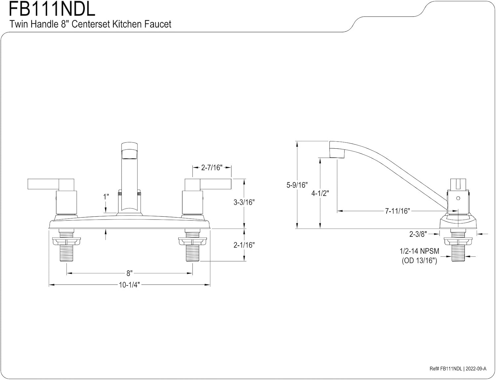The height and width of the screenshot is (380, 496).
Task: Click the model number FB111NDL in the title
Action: point(52,9)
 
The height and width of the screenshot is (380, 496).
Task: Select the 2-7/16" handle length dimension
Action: point(212,168)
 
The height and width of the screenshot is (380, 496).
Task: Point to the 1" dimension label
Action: point(106,197)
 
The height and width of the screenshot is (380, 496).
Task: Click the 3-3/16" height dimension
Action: point(244,202)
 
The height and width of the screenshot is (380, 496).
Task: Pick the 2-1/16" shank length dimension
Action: point(244,245)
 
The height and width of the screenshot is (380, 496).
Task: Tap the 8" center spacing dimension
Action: point(129,273)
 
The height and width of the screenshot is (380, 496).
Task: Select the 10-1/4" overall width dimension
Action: point(129,285)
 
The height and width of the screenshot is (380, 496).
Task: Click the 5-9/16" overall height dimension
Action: point(297,185)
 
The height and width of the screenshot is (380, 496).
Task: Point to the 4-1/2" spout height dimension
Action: point(320,193)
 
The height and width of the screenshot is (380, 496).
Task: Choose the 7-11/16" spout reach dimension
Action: point(397,211)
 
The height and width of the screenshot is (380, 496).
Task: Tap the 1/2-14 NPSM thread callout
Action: point(419,251)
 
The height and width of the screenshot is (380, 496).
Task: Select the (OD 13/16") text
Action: point(419,261)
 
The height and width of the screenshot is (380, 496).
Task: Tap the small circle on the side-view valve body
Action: point(458,198)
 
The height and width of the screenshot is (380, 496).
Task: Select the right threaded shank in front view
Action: point(192,253)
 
